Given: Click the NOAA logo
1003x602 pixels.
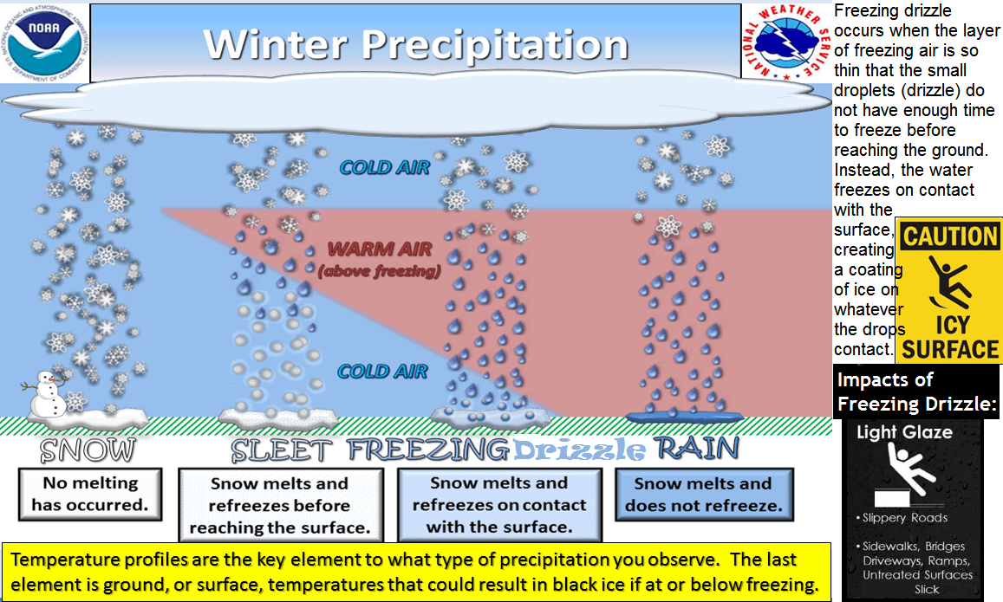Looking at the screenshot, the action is click(x=45, y=42).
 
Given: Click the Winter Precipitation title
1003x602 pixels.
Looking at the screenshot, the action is click(x=416, y=45).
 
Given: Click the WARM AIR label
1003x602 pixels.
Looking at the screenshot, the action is click(x=380, y=249).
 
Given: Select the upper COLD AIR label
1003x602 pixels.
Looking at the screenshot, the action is click(x=384, y=167).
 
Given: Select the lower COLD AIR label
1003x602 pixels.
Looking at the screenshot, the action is click(x=382, y=372).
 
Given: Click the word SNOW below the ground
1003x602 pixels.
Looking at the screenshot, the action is click(x=88, y=450).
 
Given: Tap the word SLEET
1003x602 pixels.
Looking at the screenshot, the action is click(x=282, y=450).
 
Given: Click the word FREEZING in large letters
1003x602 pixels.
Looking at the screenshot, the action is click(x=429, y=450).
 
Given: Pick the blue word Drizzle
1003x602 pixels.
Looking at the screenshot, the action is click(x=580, y=450).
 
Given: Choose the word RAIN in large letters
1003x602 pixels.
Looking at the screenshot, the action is click(x=697, y=449).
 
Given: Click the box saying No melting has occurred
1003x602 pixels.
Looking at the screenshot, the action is click(x=90, y=494).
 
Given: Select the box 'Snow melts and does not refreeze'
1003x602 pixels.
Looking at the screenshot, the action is click(x=704, y=495).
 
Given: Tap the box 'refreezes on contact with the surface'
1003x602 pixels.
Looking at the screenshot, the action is click(x=499, y=505).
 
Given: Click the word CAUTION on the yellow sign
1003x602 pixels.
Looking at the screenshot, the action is click(x=950, y=236).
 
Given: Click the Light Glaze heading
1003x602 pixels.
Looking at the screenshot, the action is click(x=904, y=432).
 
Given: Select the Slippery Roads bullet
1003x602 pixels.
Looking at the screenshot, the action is click(x=902, y=518).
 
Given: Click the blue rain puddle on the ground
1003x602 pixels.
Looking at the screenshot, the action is click(x=685, y=418).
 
